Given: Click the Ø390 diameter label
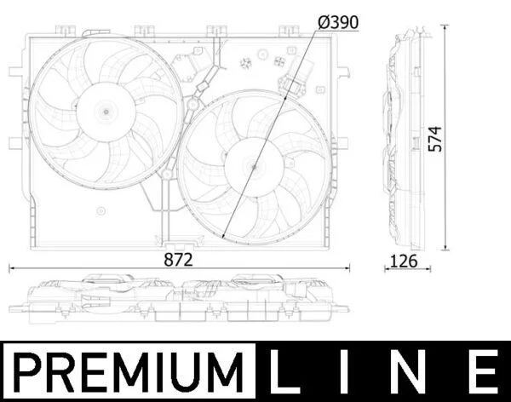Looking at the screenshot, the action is click(x=338, y=22).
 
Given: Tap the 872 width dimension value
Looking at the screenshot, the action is click(x=178, y=260).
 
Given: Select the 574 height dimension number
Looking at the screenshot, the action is click(x=435, y=139).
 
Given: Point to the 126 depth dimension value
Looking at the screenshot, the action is click(x=404, y=261).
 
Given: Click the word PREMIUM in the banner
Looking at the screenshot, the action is click(x=129, y=372).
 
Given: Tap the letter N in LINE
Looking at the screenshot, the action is click(x=412, y=371).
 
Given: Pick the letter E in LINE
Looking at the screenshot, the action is click(x=485, y=371).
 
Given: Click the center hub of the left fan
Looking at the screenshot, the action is click(x=106, y=112).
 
